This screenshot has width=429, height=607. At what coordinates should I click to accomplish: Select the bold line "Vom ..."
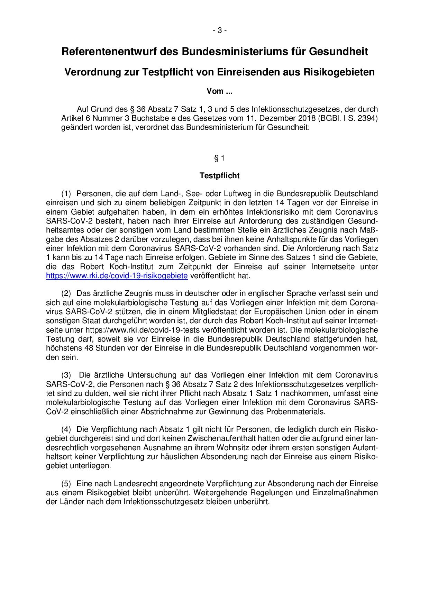pyautogui.click(x=219, y=91)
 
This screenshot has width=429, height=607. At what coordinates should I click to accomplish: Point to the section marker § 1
pyautogui.click(x=219, y=158)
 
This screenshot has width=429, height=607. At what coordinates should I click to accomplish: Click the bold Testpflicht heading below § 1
pyautogui.click(x=219, y=175)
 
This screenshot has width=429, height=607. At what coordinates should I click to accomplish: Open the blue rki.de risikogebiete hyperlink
pyautogui.click(x=117, y=276)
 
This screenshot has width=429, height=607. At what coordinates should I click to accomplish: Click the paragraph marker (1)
pyautogui.click(x=66, y=193)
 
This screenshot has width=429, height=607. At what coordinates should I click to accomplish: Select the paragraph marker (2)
pyautogui.click(x=66, y=293)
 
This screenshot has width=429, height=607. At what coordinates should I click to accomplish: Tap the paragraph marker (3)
pyautogui.click(x=66, y=375)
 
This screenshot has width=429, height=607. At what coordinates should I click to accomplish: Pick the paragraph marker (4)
pyautogui.click(x=66, y=429)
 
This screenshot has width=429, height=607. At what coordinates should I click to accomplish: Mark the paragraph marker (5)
pyautogui.click(x=66, y=483)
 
